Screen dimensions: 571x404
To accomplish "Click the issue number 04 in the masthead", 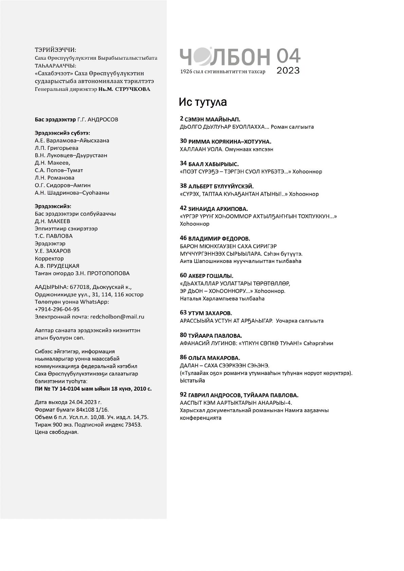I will [288, 56].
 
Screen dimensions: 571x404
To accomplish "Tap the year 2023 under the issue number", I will [288, 71].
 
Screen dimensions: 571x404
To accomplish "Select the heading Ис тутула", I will [203, 102].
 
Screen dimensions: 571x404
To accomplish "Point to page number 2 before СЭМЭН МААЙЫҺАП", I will [182, 119].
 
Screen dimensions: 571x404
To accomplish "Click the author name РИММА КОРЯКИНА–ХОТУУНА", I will [230, 142].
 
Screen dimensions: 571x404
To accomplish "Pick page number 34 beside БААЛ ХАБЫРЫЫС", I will [183, 164].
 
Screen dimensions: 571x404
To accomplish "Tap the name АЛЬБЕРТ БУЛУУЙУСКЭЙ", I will [221, 186].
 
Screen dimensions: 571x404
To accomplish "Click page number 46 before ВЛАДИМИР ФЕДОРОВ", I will [183, 238].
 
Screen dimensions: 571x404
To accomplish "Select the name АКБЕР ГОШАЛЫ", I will [211, 276].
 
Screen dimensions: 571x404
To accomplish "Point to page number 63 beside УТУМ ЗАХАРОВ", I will [183, 313].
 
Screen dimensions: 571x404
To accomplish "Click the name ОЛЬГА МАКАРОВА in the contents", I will [214, 358].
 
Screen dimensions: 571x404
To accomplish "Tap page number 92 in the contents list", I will [183, 395].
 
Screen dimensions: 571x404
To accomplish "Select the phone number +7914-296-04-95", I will [57, 309].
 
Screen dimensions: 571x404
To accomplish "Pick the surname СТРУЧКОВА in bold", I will [133, 89].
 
